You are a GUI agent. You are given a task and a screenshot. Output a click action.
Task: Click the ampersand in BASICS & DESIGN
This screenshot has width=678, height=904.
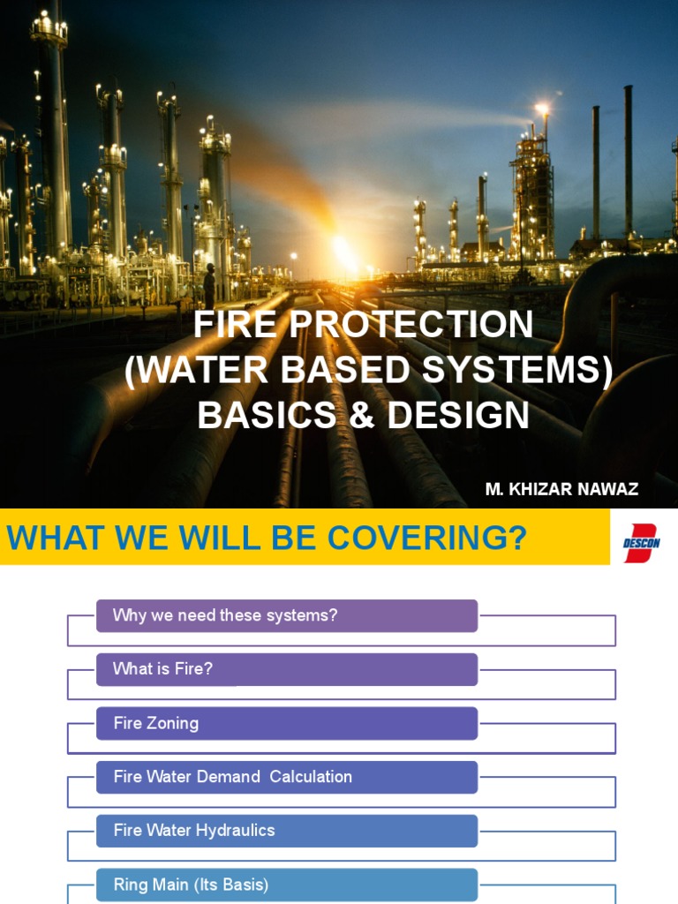(x=362, y=416)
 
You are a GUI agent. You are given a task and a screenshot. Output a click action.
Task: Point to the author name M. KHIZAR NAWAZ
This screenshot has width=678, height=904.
(x=561, y=489)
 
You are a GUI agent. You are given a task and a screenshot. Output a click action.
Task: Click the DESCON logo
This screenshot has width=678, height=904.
(x=642, y=537)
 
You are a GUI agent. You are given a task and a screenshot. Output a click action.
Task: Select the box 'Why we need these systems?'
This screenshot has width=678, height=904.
(x=286, y=616)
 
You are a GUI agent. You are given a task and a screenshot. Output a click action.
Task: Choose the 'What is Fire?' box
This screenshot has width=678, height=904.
(x=286, y=669)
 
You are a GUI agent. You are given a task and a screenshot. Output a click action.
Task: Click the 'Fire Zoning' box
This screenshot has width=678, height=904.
(x=286, y=723)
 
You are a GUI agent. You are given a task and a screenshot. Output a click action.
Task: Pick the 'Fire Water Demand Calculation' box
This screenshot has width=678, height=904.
(x=286, y=777)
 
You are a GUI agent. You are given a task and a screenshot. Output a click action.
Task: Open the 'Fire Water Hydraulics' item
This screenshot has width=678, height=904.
(x=286, y=831)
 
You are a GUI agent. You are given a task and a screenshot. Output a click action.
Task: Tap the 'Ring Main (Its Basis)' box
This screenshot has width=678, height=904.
(x=286, y=885)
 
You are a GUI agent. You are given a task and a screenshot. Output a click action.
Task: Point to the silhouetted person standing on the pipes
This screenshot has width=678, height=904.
(x=209, y=285)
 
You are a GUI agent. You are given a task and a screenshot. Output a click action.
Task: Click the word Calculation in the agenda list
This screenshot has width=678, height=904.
(x=311, y=777)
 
